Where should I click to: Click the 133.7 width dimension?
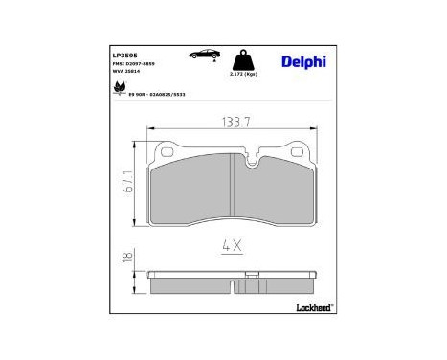click(234, 123)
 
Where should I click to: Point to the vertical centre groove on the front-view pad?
click(235, 191)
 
